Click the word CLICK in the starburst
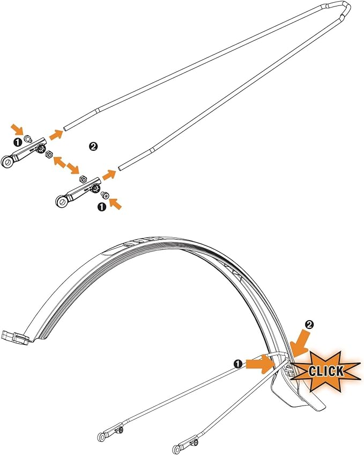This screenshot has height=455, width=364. coord(326,371)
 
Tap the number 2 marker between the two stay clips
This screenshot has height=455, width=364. coord(93,146)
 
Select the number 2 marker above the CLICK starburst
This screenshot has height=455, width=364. coord(309,324)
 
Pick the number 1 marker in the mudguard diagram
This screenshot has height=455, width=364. coord(237,364)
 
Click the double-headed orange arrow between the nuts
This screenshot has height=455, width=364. coord(66,165)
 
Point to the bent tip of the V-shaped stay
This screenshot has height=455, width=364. coord(346,4)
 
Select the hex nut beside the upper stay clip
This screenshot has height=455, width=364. coord(49,155)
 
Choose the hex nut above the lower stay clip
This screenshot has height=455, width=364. coord(83,179)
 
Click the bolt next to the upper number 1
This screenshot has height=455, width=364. coord(28,139)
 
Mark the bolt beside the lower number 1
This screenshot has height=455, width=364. coord(105,196)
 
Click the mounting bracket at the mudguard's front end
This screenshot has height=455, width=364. coord(15,337)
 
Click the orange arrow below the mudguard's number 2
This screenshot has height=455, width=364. coord(300,344)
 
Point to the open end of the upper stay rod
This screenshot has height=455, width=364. coord(65,128)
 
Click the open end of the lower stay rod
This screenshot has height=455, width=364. coord(120,168)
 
